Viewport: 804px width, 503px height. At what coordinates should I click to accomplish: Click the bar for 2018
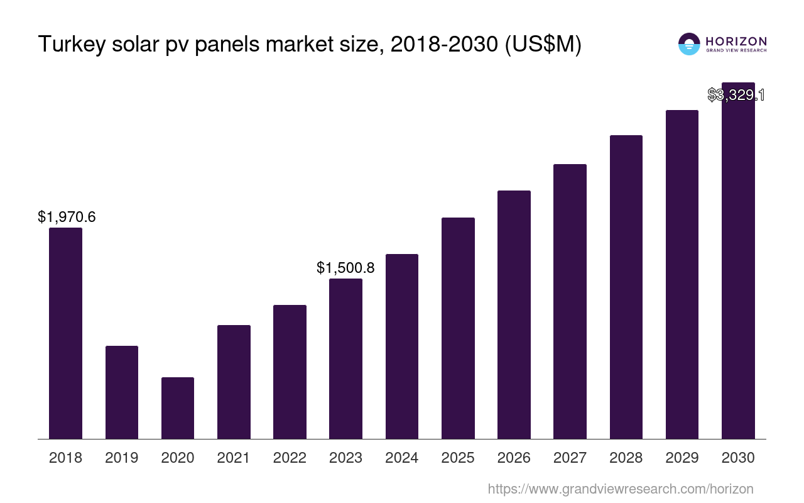tap(65, 333)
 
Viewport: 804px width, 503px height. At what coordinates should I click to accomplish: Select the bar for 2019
tap(121, 392)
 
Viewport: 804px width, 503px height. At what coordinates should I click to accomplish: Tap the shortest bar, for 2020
tap(178, 408)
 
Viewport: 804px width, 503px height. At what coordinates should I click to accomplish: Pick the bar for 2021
tap(234, 382)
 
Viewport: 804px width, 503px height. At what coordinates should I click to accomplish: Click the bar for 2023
tap(345, 358)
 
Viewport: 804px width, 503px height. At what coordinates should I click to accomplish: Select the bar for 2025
tap(458, 328)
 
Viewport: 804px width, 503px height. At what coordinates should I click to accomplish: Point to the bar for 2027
tap(570, 301)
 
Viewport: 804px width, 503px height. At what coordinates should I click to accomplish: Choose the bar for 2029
tap(682, 274)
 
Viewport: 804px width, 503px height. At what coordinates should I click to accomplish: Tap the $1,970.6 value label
tap(67, 218)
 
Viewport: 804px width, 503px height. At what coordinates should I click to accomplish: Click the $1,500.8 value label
tap(345, 268)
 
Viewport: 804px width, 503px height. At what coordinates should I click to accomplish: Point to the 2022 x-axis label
tap(290, 458)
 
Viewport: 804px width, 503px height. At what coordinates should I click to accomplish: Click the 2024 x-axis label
tap(401, 458)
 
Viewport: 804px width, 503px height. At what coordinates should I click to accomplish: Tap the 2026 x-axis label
tap(514, 458)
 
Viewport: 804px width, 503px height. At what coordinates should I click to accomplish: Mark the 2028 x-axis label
tap(626, 458)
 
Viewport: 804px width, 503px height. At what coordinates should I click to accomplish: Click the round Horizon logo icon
tap(688, 44)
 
